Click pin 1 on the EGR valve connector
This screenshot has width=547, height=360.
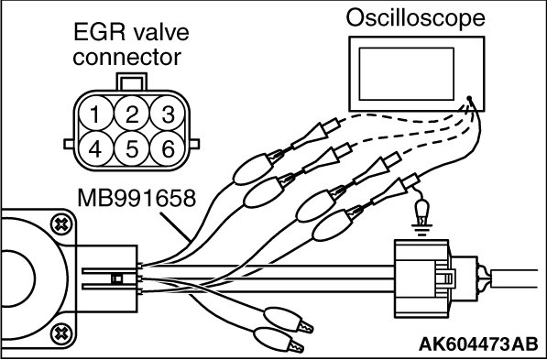coord(96,114)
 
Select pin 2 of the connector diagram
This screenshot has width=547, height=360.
coord(132,114)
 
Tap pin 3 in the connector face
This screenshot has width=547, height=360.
coord(168,114)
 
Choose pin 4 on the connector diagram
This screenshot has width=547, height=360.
coord(96,149)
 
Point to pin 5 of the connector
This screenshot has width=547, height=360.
coord(132,149)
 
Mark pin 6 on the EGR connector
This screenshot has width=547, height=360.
coord(168,149)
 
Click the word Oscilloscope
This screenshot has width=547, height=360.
coord(415,18)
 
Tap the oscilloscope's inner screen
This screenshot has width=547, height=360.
coord(407,74)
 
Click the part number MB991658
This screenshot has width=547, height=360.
coord(137,198)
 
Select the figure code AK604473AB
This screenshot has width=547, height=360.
coord(478,344)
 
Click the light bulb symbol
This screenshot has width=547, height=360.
coord(421,211)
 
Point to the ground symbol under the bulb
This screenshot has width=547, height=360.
coord(421,230)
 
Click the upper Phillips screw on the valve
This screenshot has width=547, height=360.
coord(61,224)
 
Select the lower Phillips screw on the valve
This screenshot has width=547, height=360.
coord(61,333)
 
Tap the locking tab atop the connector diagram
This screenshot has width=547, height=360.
coord(132,82)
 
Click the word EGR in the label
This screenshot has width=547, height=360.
coord(100,33)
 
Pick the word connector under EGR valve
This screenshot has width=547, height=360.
coord(127,57)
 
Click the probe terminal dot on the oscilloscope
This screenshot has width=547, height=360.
coord(469,98)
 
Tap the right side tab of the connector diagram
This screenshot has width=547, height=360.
coord(194,144)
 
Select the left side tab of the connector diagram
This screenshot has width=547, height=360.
coord(69,144)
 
